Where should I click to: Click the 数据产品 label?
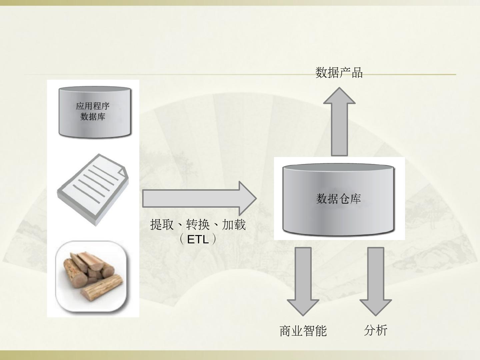[x=339, y=72]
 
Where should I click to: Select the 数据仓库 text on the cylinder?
[x=338, y=199]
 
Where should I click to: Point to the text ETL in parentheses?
[x=198, y=239]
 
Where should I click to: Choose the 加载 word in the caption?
[x=234, y=225]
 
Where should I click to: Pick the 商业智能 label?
[x=303, y=331]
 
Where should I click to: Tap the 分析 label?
[x=376, y=330]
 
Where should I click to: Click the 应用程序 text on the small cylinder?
[x=93, y=106]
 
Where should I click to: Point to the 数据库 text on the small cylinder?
[x=93, y=117]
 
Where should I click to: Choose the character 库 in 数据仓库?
[x=356, y=199]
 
